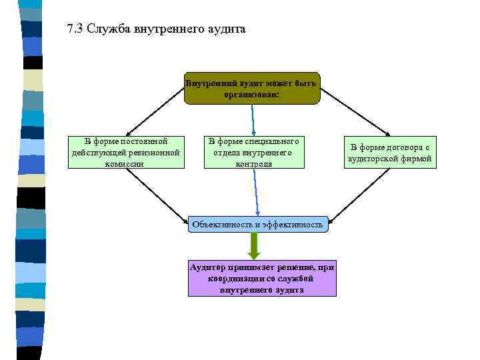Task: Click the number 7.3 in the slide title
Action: click(x=74, y=29)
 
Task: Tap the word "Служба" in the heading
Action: click(x=108, y=29)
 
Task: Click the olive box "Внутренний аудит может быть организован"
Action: click(x=252, y=89)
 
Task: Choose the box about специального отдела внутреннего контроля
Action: click(x=253, y=152)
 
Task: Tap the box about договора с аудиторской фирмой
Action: click(x=390, y=153)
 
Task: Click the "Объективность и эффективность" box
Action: click(x=257, y=225)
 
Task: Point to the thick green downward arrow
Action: click(x=254, y=245)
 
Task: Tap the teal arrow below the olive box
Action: click(x=253, y=121)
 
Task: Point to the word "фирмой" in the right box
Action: click(x=417, y=159)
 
